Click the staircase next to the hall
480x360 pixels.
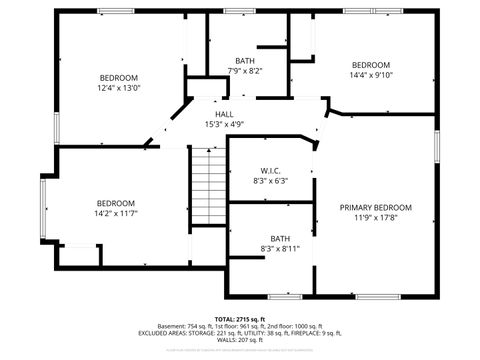tap(207, 186)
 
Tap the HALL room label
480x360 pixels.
tap(224, 115)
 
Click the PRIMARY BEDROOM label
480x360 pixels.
tap(375, 208)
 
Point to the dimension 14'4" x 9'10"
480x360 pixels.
tap(371, 74)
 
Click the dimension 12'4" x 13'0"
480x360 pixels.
tap(118, 88)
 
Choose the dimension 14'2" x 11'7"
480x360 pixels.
tap(116, 213)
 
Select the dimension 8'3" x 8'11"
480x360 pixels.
tap(280, 248)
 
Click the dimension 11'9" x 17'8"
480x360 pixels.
tap(375, 219)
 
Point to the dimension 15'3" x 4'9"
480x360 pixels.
tap(224, 125)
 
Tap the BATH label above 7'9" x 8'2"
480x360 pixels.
tap(244, 61)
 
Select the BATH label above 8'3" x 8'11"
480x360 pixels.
tap(280, 237)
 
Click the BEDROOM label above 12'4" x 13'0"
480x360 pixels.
tap(118, 77)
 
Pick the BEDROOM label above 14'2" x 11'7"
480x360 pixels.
tap(116, 202)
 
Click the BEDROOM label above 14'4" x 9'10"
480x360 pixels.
tap(371, 63)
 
